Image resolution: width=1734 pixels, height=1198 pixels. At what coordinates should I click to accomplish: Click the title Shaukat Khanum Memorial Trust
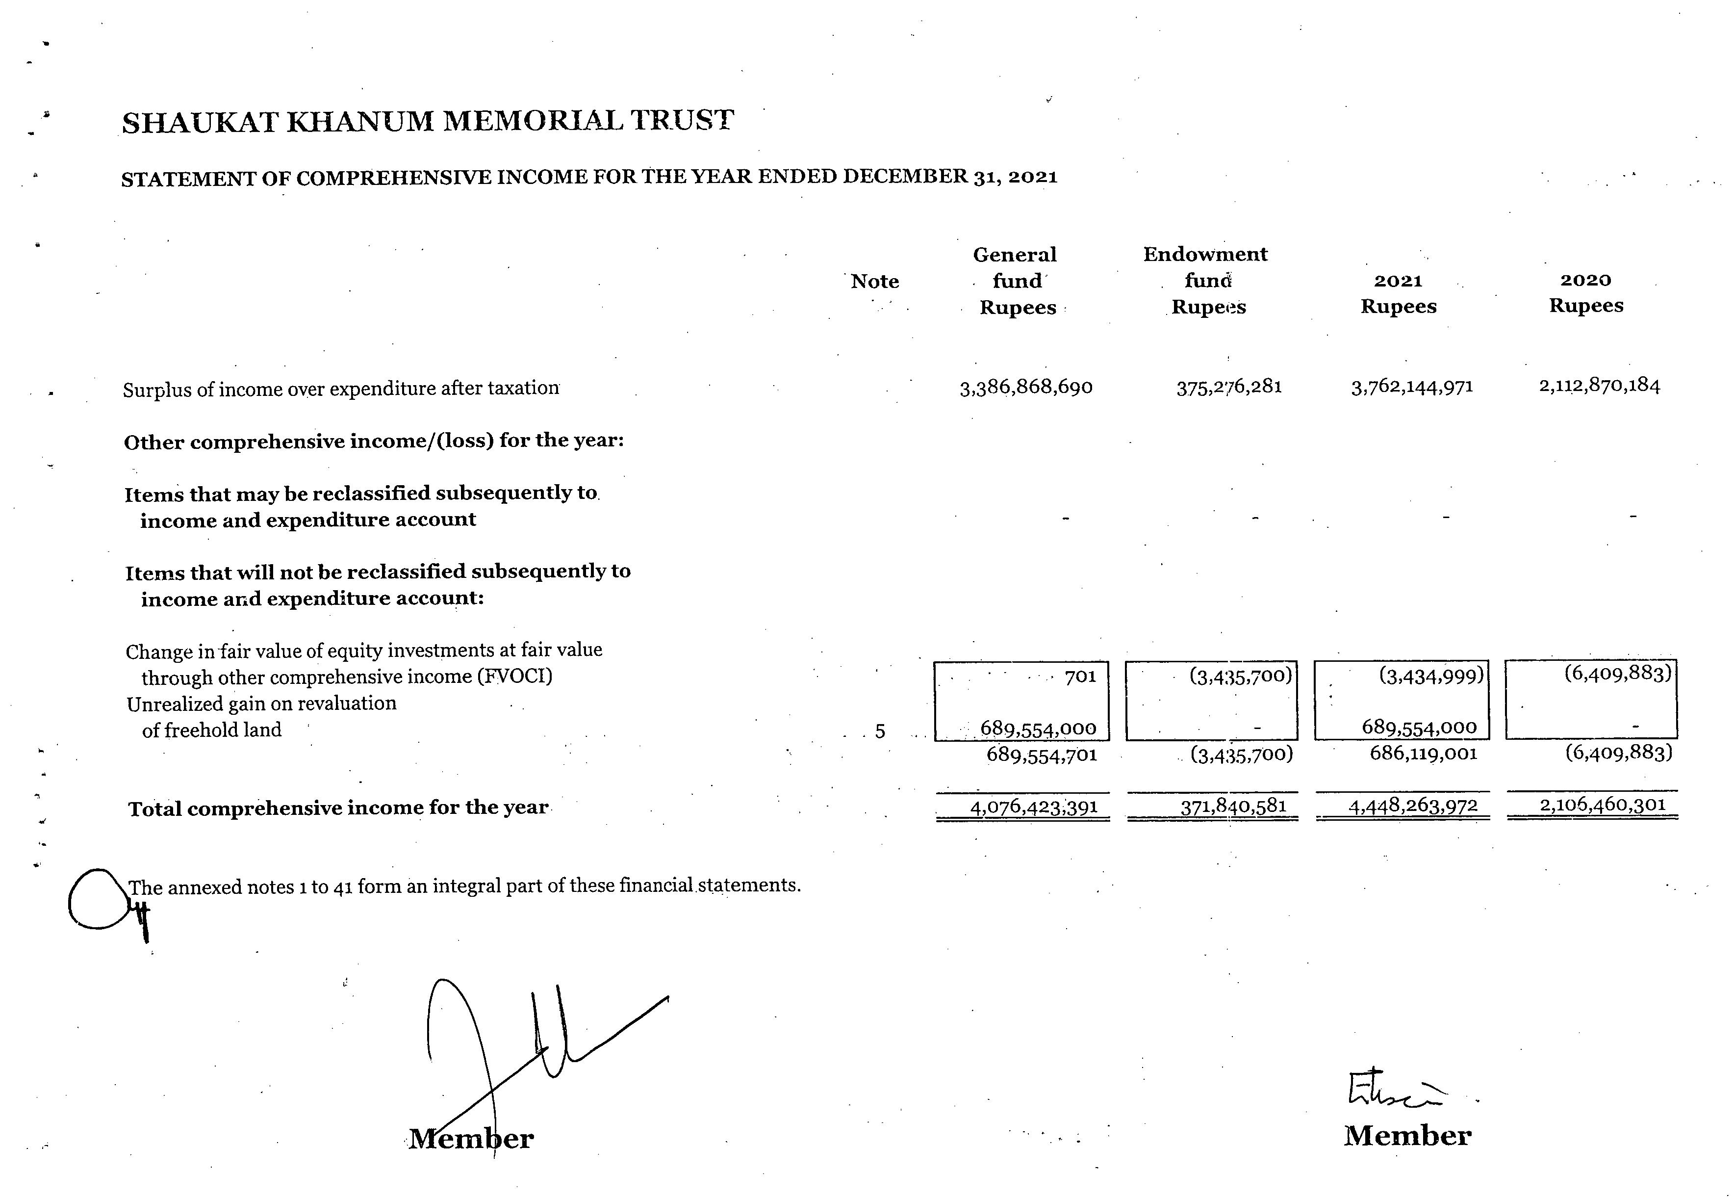coord(428,122)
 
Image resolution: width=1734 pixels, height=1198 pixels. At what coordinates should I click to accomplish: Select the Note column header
coord(874,282)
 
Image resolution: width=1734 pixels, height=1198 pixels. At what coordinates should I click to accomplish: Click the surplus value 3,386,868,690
coord(1026,388)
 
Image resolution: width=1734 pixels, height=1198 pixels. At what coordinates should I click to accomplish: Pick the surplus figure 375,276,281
coord(1229,387)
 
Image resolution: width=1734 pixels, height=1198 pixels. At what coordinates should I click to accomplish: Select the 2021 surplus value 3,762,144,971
coord(1412,387)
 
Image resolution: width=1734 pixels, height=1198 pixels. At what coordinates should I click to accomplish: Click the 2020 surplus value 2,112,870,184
coord(1599,386)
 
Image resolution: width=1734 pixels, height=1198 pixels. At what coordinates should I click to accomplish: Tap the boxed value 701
coord(1080,677)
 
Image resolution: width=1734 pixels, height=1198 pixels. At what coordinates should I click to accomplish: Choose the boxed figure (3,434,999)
coord(1431,676)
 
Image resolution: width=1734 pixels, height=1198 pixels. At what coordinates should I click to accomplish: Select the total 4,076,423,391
coord(1034,807)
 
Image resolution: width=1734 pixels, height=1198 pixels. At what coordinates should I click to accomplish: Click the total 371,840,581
coord(1233,806)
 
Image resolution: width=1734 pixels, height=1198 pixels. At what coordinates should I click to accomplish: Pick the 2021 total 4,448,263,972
coord(1413,806)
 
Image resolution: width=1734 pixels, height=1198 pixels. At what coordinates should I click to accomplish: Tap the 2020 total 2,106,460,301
coord(1602,805)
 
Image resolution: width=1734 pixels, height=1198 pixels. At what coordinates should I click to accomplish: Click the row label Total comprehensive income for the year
coord(338,808)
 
